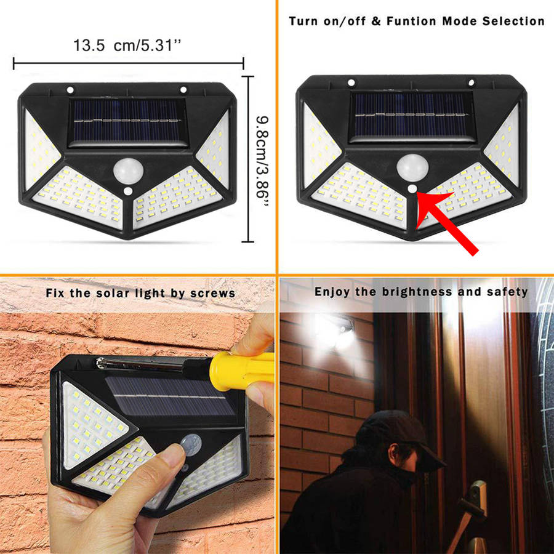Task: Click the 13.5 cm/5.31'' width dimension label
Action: [127, 45]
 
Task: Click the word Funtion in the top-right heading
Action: [411, 21]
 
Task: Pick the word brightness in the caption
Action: [417, 292]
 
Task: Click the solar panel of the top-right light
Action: [412, 116]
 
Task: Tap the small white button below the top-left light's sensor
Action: [128, 192]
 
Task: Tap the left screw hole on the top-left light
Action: [70, 90]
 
